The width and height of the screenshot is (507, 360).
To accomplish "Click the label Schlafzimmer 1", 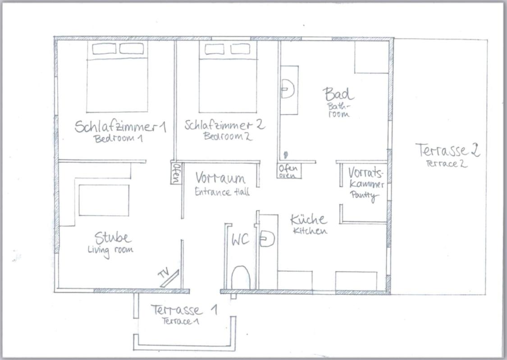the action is point(120,126).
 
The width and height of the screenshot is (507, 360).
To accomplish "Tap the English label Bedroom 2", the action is point(228,136).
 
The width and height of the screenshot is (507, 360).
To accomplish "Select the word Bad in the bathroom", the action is point(338,94).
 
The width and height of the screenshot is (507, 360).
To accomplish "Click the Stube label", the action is point(113,238).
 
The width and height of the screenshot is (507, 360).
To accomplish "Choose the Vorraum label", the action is point(220,178).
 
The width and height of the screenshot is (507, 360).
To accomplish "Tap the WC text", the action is point(240,240).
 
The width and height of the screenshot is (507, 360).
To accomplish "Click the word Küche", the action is point(308,220).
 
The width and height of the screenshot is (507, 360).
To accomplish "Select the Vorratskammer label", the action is point(366,178).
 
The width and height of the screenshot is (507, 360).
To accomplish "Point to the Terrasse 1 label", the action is point(184,310).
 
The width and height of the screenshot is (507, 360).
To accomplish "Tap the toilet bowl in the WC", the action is point(241,277).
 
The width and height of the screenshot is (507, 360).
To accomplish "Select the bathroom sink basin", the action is point(288,89).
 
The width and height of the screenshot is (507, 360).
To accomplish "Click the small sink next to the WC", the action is point(267,239).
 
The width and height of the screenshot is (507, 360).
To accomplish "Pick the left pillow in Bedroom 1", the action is point(104,49).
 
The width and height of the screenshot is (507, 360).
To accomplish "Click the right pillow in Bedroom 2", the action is point(240,49).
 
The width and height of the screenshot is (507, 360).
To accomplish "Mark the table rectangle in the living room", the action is point(104,201).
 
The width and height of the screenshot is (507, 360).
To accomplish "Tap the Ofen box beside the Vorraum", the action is point(176,173).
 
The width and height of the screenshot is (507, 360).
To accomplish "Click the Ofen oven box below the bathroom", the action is point(289,171).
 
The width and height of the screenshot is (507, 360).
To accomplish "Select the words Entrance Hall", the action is point(222,192).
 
